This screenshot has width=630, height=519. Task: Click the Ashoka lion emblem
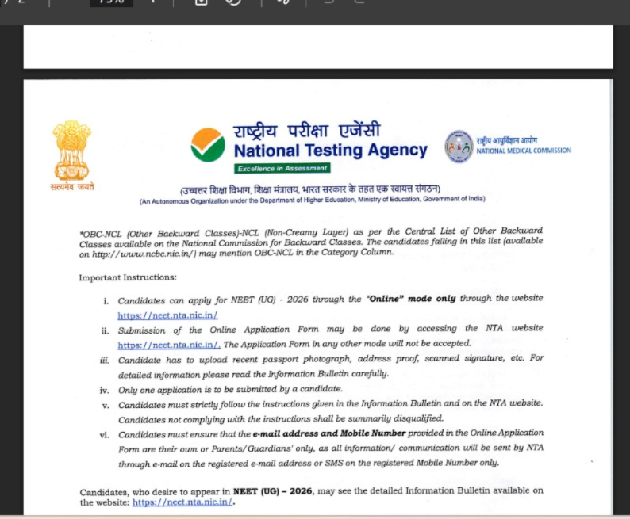tap(72, 148)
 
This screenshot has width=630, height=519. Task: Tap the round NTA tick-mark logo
tap(208, 144)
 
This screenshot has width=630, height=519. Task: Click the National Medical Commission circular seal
tap(459, 147)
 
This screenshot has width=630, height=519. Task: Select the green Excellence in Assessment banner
tap(282, 168)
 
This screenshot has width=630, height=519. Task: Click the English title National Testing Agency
tap(330, 150)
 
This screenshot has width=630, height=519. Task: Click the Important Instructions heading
tap(117, 277)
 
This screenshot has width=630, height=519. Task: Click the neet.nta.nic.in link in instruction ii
tap(169, 345)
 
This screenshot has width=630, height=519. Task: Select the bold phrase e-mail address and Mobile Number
tap(329, 433)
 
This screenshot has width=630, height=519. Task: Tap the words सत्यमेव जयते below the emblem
tap(71, 187)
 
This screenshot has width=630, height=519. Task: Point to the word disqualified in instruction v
tap(439, 418)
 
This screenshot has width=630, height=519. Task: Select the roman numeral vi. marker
tap(104, 434)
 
